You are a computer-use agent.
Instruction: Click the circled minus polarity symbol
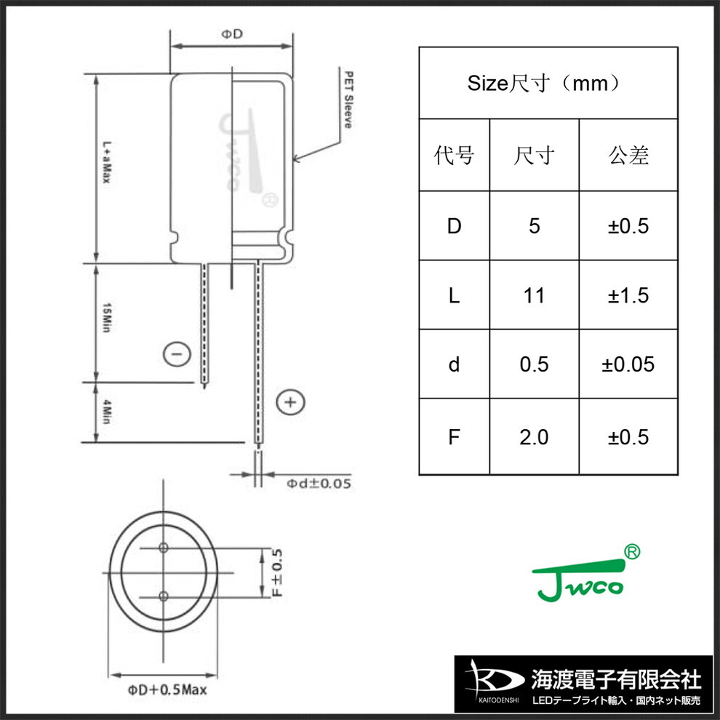[177, 354]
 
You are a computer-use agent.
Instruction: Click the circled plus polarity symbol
[291, 402]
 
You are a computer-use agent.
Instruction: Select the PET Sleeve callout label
[349, 100]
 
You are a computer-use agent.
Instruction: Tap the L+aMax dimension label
[106, 162]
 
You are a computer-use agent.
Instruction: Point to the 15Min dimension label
[106, 317]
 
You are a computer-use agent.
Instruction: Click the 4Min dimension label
[106, 412]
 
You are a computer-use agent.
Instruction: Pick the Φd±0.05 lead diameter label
[319, 483]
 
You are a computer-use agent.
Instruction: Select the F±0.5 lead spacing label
[277, 572]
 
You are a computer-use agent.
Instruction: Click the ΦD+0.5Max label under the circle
[167, 689]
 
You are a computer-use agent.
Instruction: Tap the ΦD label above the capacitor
[232, 33]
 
